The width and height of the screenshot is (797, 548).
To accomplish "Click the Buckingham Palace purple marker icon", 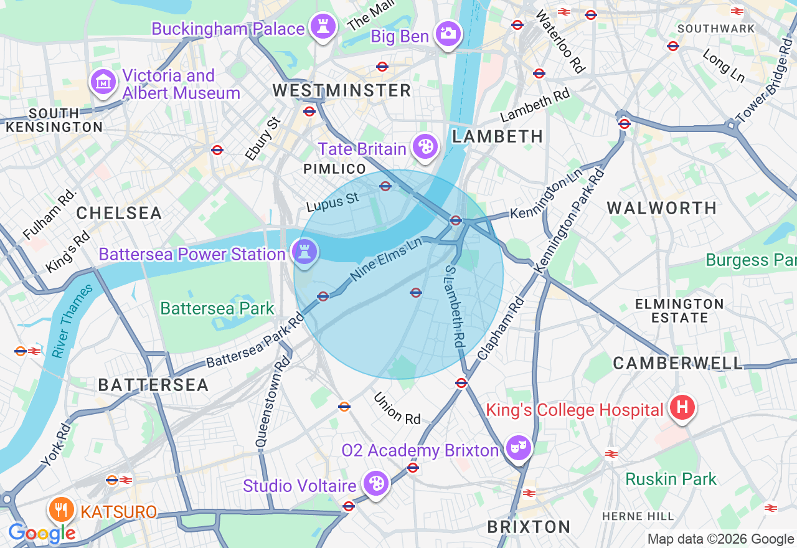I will [323, 27].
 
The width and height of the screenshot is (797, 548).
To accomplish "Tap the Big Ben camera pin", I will [448, 33].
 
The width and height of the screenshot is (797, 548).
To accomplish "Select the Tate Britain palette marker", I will [426, 147].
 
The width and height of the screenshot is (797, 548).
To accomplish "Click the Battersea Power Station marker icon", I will [304, 252].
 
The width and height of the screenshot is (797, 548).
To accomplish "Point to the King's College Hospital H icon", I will [682, 408].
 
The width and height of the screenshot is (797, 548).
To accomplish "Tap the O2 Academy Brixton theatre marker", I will [519, 447].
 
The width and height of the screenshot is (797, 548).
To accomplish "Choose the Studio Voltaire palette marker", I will [376, 483].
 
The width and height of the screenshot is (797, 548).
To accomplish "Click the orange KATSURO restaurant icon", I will [60, 510].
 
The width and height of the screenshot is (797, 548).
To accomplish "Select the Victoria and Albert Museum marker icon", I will [103, 82].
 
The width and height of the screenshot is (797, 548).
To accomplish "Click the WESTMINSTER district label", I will [342, 90].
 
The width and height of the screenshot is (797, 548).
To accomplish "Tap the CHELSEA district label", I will [119, 213].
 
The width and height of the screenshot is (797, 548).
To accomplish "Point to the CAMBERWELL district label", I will [678, 363].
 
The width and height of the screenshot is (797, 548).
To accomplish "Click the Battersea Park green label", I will [217, 308].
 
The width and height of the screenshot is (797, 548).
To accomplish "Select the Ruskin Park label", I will [671, 479].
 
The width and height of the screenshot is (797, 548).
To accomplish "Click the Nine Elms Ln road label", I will [386, 260].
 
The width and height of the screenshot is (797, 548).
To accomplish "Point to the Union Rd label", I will [397, 409].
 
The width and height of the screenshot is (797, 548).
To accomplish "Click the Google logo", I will [42, 533].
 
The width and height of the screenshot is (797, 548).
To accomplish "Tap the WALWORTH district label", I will [662, 208].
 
